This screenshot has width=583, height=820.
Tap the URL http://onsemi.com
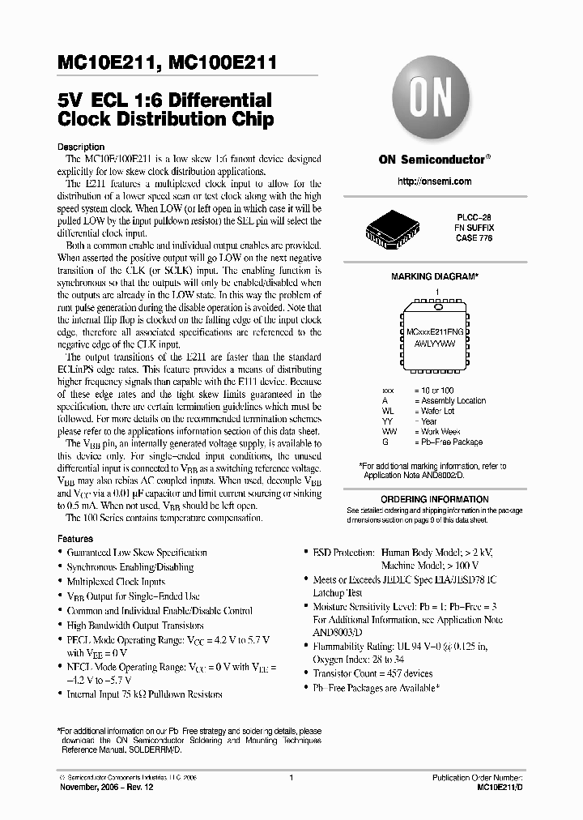click(x=434, y=182)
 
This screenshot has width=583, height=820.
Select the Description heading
click(x=82, y=147)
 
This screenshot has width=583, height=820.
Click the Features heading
click(x=76, y=538)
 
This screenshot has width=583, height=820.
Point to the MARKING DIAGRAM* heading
click(x=435, y=276)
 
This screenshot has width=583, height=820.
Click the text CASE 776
click(x=475, y=238)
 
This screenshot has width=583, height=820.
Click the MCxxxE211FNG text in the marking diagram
click(x=434, y=333)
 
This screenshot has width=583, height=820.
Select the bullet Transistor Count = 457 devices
click(x=372, y=673)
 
